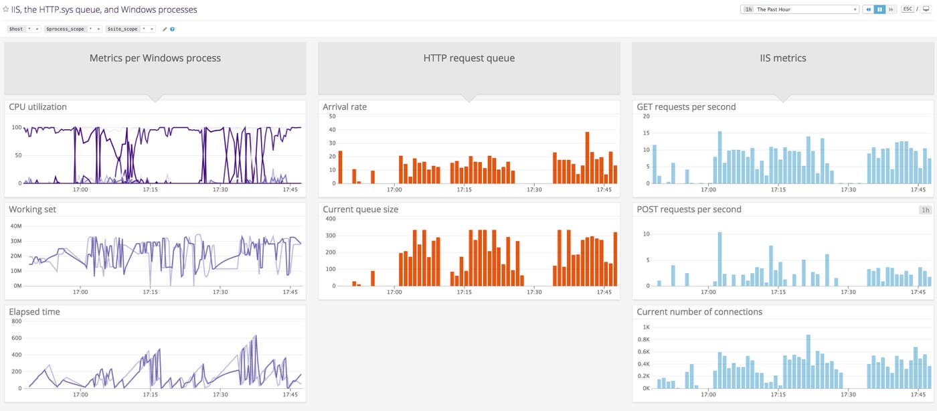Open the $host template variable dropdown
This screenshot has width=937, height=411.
coord(24,29)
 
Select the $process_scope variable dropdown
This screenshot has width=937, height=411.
coord(74,29)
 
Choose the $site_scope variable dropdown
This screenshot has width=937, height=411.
coord(131,29)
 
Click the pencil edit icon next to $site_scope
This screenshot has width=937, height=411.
coord(165,29)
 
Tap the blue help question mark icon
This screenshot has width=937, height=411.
coord(173,29)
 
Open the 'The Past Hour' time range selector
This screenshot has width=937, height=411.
coord(800,9)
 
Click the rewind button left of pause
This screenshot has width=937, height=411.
coord(868,9)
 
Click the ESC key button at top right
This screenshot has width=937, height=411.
coord(907,9)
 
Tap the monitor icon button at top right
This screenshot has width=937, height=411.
coord(926,9)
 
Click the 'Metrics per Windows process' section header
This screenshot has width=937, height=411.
coord(155,58)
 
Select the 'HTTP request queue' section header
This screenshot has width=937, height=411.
coord(468,58)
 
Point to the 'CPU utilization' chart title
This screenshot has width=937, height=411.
coord(37,107)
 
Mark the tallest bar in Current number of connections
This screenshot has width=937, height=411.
coord(808,361)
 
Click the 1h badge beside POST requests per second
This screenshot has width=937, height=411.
coord(926,210)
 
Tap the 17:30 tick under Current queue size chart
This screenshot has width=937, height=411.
coord(533,292)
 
